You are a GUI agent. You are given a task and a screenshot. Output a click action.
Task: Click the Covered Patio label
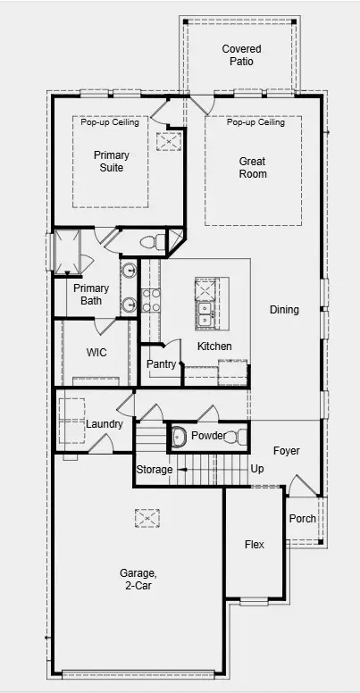(x=239, y=54)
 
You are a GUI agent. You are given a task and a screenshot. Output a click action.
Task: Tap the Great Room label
(x=252, y=168)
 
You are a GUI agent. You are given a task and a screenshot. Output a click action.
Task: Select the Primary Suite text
(x=112, y=162)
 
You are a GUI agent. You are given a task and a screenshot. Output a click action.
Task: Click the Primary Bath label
(x=91, y=295)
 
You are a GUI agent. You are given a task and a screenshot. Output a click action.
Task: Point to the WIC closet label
(x=96, y=353)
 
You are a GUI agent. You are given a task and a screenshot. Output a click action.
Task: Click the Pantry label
(x=162, y=364)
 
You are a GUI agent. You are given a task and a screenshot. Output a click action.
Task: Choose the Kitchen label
(x=214, y=346)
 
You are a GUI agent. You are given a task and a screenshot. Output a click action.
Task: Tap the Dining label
(x=284, y=310)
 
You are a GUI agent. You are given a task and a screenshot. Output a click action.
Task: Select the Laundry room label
(x=105, y=423)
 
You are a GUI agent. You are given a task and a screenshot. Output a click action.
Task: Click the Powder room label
(x=207, y=436)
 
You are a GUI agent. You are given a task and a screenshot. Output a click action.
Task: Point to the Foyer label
(x=286, y=451)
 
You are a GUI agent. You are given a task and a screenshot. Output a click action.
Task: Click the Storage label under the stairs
(x=154, y=470)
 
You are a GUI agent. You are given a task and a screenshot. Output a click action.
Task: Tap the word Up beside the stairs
(x=257, y=469)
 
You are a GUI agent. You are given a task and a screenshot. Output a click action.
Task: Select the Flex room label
(x=255, y=544)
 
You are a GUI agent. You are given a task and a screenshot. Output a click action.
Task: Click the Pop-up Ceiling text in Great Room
(x=255, y=122)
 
